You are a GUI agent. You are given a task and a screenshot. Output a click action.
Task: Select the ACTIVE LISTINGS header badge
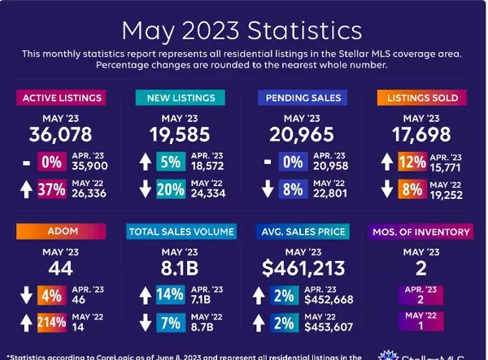(63, 98)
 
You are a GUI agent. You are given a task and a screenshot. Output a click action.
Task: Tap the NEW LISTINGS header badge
(181, 98)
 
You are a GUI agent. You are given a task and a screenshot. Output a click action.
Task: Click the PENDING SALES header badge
(300, 98)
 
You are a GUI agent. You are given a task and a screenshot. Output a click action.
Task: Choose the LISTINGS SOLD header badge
(418, 98)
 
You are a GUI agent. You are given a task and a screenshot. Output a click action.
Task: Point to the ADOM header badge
(63, 232)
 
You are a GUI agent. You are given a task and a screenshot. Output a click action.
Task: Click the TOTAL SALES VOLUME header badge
(181, 232)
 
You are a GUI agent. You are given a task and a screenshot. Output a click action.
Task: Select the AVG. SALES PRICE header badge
(300, 232)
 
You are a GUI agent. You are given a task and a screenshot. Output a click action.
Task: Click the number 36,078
(63, 135)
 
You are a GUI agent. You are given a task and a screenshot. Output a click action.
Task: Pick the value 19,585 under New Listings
(181, 135)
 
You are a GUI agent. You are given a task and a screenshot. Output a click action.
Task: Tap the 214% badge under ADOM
(51, 323)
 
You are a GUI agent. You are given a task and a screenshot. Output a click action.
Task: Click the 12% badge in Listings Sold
(412, 162)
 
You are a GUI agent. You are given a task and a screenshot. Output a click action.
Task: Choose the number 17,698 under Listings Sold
(418, 135)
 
